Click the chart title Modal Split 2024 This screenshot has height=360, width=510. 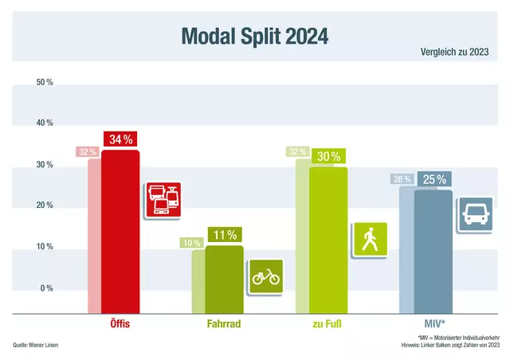click(254, 37)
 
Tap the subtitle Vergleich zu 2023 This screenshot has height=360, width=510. click(454, 53)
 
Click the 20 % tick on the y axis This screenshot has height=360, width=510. click(45, 205)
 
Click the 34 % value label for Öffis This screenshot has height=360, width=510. click(120, 139)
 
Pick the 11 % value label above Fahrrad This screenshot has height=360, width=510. click(224, 235)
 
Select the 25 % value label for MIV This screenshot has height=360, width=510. click(433, 180)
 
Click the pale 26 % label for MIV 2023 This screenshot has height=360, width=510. click(402, 179)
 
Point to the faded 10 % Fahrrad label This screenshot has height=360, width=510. click(192, 243)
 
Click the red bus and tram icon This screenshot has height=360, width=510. click(163, 200)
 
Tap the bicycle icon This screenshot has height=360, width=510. click(265, 276)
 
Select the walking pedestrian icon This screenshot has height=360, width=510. click(369, 240)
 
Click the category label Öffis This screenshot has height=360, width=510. click(120, 325)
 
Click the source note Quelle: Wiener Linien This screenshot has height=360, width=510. click(36, 345)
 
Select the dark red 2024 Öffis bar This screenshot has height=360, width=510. click(120, 231)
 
